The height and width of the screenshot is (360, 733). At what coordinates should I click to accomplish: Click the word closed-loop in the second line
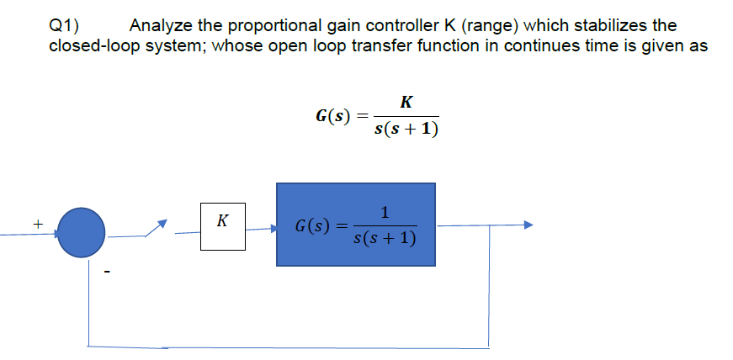pyautogui.click(x=92, y=45)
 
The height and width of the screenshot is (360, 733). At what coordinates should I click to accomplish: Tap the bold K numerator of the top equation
pyautogui.click(x=406, y=103)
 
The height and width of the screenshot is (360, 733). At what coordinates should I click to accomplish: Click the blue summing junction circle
pyautogui.click(x=81, y=228)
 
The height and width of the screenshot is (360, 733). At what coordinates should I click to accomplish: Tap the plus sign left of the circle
pyautogui.click(x=37, y=225)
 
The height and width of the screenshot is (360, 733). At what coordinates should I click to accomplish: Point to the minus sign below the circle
pyautogui.click(x=108, y=271)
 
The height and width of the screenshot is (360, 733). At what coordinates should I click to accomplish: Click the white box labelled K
pyautogui.click(x=222, y=225)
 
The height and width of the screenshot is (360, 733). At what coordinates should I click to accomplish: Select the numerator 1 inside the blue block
pyautogui.click(x=384, y=212)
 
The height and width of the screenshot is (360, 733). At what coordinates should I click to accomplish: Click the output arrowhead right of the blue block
pyautogui.click(x=528, y=225)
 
